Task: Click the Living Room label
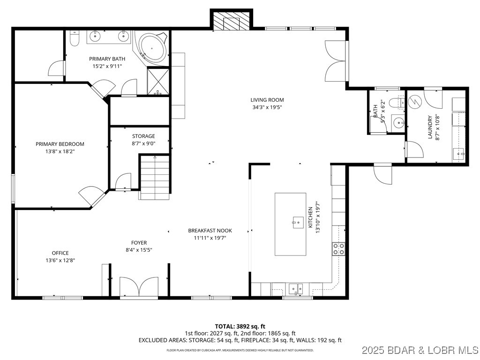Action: (x=267, y=100)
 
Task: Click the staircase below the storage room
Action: (x=154, y=177)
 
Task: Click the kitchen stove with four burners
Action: (x=338, y=248)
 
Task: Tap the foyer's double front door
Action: (x=139, y=287)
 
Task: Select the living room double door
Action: (x=336, y=61)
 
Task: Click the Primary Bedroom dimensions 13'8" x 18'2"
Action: (x=60, y=151)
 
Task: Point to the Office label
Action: (x=60, y=253)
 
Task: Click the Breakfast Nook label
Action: (x=210, y=231)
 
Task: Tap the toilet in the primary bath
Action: (x=74, y=37)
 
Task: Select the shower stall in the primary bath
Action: (x=158, y=81)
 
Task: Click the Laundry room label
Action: (x=429, y=127)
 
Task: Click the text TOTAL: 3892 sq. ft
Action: (x=240, y=326)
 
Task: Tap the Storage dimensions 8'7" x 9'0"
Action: (x=143, y=143)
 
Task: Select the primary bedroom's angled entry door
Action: (x=91, y=195)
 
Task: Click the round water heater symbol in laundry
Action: (x=415, y=101)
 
